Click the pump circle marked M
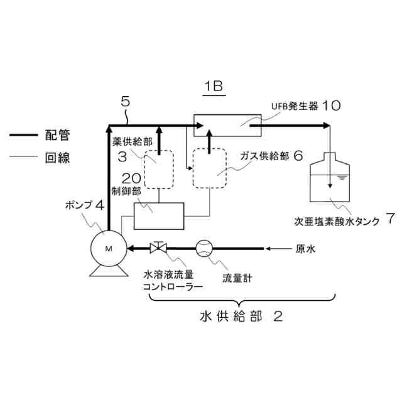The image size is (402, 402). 108,249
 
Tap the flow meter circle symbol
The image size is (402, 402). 205,248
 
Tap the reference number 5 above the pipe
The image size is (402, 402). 125,101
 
